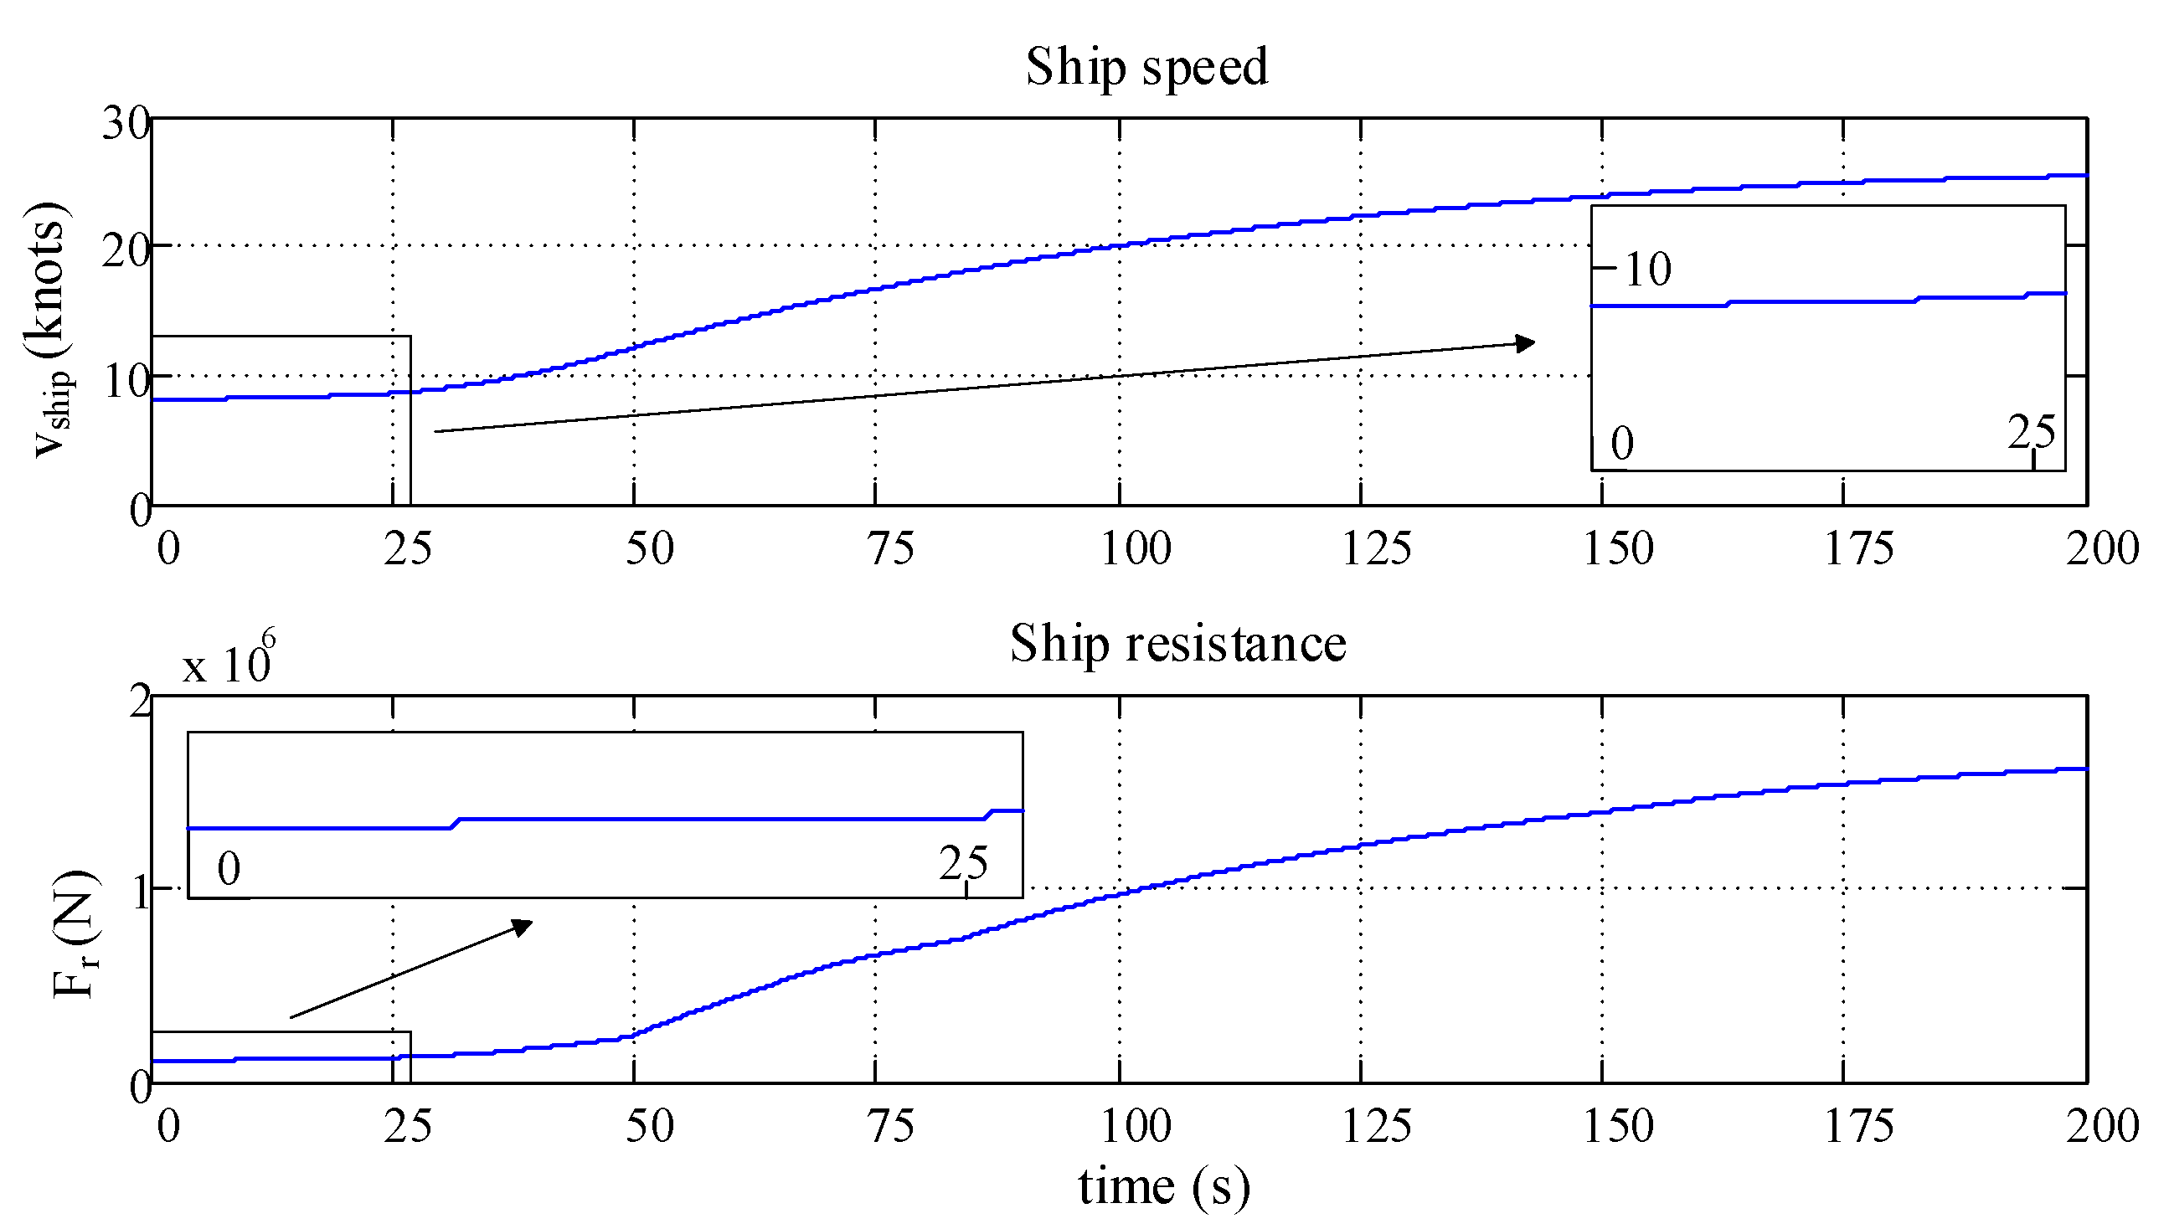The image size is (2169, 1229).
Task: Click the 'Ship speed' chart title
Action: [1146, 67]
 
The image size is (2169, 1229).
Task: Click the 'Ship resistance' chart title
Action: [1177, 644]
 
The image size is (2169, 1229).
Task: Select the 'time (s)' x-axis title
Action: [1163, 1186]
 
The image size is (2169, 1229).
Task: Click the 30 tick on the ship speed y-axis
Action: [126, 123]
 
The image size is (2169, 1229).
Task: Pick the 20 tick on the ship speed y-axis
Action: [126, 250]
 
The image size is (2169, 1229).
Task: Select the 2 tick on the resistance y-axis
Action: [139, 702]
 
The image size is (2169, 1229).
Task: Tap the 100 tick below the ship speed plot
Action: [1136, 548]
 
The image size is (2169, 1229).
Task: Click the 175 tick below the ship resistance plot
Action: [1859, 1126]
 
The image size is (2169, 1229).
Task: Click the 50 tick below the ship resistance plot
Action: [649, 1126]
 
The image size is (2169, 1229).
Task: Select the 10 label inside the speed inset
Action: [1647, 270]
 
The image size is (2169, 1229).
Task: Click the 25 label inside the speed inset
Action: [2031, 433]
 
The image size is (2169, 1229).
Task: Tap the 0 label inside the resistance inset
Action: [229, 868]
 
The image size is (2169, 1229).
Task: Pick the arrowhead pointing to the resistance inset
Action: [523, 928]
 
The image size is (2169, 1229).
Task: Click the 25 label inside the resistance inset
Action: [962, 863]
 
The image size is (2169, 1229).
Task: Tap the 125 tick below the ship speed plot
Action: [1376, 548]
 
